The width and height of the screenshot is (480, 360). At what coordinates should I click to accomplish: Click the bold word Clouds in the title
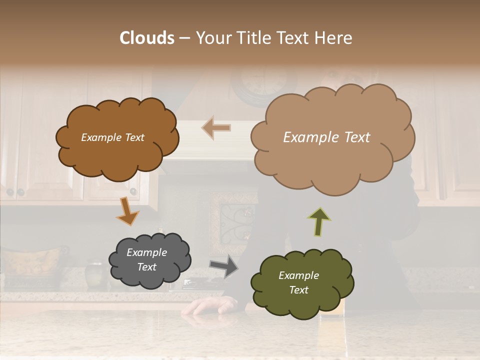[147, 38]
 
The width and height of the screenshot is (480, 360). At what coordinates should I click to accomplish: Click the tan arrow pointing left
[216, 127]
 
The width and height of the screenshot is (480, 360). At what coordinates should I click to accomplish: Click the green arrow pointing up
[319, 221]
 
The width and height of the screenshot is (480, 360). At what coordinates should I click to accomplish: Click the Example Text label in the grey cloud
[146, 260]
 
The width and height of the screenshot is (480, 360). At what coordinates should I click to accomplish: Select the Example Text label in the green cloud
[298, 282]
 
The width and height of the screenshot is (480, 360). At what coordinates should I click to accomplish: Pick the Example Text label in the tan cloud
[326, 137]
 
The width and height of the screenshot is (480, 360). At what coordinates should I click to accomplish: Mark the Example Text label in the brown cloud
[112, 137]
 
